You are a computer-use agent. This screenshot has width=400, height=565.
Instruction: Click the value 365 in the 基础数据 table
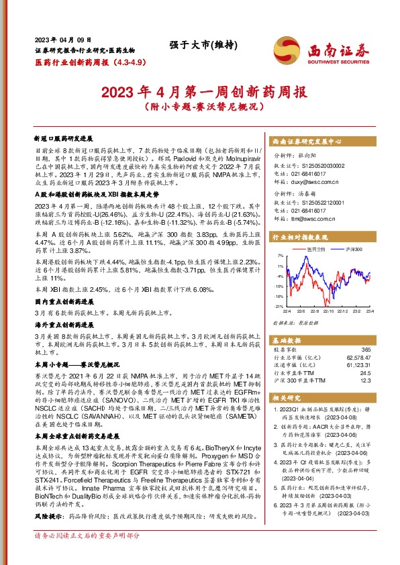[x=366, y=350]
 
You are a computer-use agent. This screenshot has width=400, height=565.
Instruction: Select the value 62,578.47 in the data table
[x=358, y=358]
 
